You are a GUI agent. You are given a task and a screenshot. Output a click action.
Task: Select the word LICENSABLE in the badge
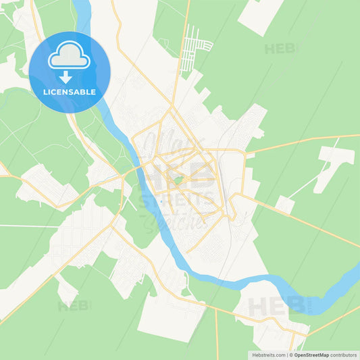tap(69, 91)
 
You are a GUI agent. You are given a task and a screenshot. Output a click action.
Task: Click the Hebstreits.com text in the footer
tap(269, 354)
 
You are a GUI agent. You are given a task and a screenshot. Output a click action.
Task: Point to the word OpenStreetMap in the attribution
tap(311, 354)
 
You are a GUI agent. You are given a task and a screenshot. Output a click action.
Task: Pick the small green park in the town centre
tap(178, 180)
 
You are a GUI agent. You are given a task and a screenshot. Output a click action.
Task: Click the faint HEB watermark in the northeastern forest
tap(280, 49)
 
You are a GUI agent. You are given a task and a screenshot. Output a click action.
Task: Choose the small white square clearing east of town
tap(285, 205)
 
